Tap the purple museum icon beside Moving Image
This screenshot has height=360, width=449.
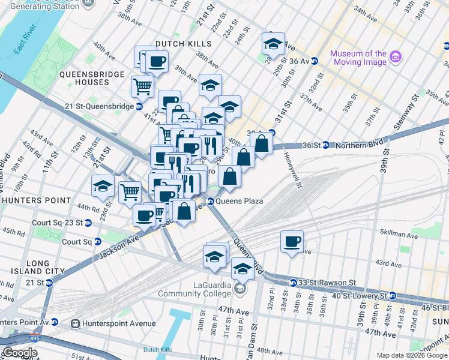(395, 58)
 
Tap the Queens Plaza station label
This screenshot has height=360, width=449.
(239, 201)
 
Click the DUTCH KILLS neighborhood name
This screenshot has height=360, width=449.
(184, 44)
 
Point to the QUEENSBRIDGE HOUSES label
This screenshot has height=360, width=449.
(92, 78)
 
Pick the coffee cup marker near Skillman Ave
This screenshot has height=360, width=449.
(292, 242)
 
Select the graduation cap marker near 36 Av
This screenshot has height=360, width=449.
(273, 44)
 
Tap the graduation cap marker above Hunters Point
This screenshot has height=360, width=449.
(103, 187)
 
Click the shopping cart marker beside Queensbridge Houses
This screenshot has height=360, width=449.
(142, 86)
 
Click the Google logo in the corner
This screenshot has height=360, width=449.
(19, 353)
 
